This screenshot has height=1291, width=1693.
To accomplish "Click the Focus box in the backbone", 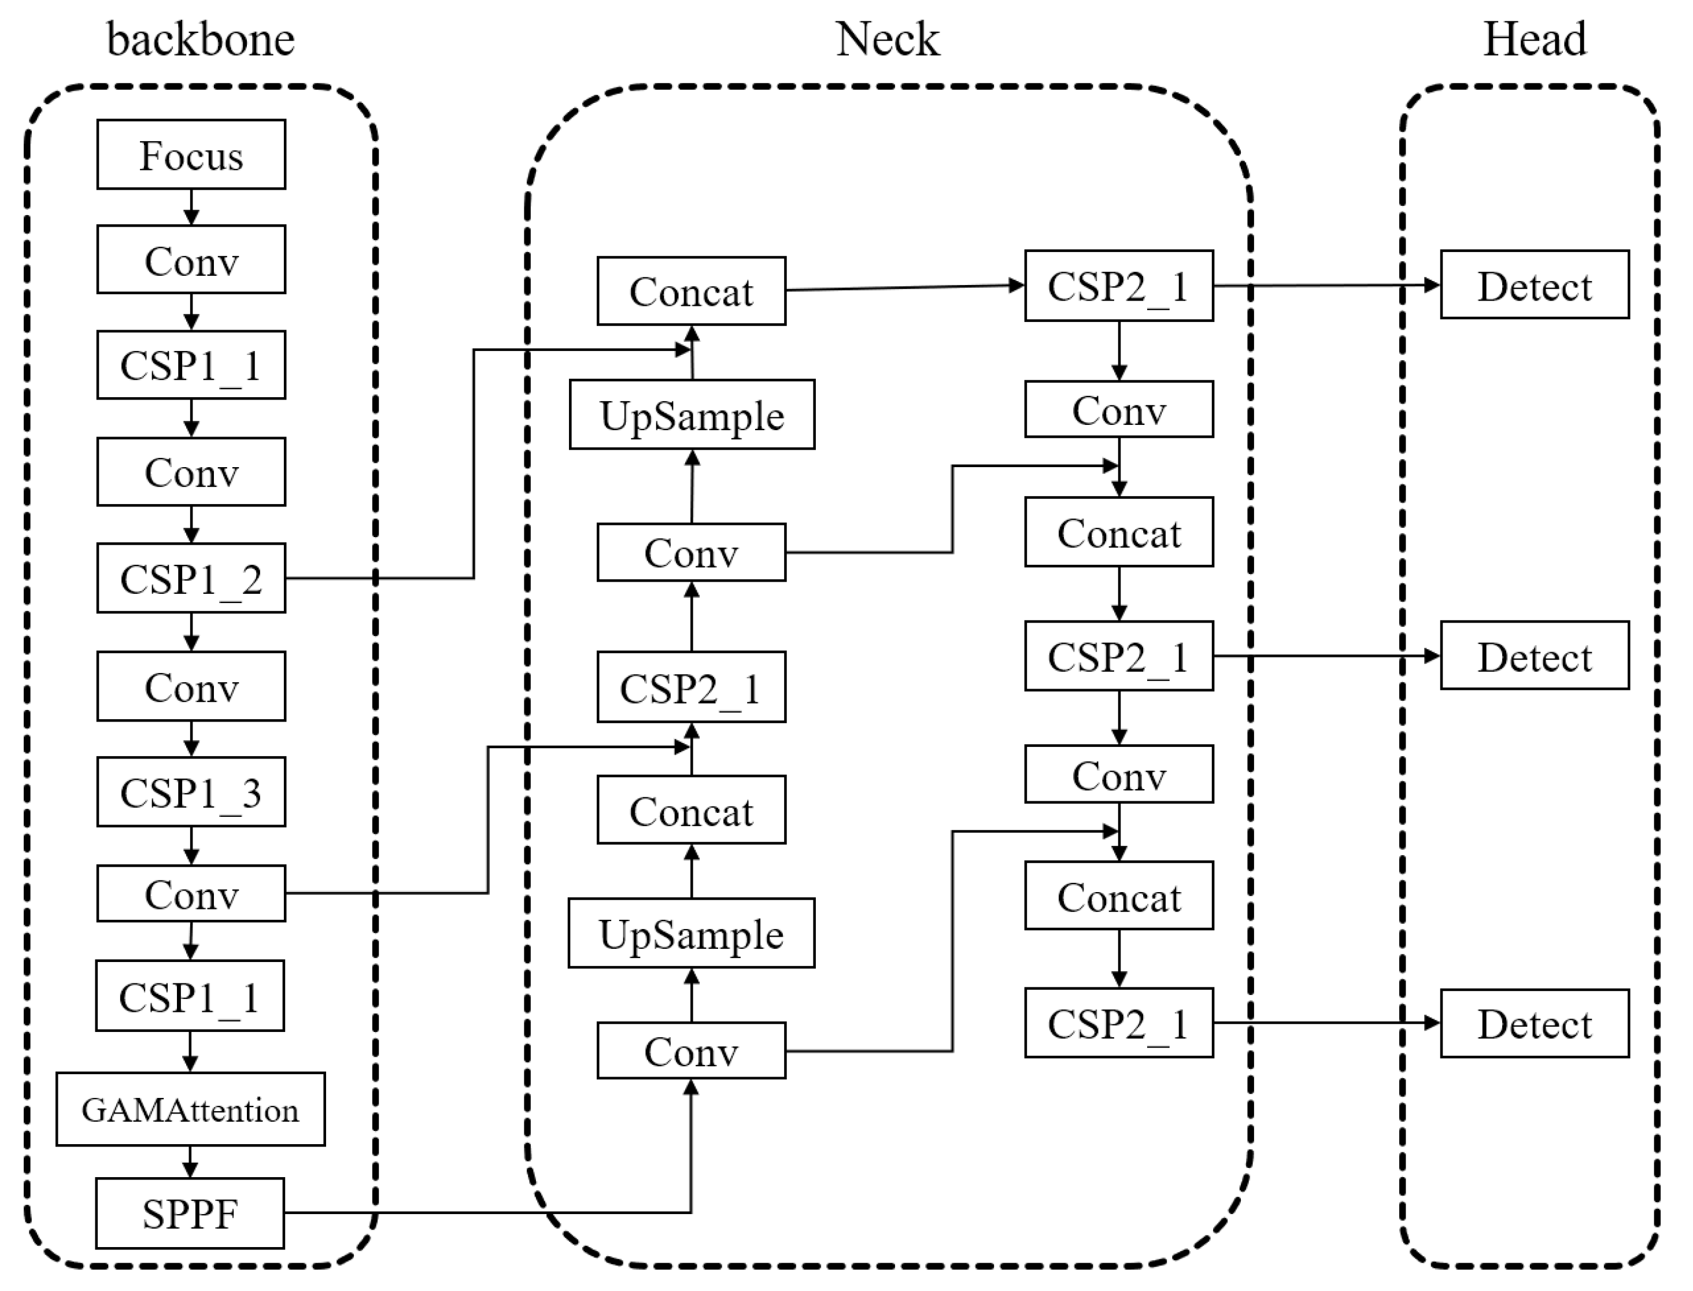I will (191, 154).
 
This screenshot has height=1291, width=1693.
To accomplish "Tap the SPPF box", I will (190, 1214).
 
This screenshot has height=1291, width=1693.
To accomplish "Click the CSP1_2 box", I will (191, 578).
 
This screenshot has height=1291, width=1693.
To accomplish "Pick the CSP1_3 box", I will (191, 791).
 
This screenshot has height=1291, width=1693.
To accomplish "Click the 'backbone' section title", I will (201, 39).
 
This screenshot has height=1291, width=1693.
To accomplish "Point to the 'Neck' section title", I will (888, 39).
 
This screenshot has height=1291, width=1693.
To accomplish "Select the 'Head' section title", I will (1534, 39).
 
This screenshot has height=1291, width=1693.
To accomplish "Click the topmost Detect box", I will (1534, 284).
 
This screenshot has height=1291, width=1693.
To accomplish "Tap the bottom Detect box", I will (1534, 1023).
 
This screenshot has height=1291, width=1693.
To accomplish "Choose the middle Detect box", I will (1534, 656).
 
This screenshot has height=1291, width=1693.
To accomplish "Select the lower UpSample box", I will (691, 933).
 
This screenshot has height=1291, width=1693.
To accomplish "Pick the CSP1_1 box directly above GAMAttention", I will (190, 996).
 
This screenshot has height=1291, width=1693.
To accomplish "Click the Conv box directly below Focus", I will (191, 260).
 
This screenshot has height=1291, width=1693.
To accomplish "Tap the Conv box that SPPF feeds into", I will (691, 1050).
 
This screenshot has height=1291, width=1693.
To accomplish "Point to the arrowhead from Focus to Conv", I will (191, 217).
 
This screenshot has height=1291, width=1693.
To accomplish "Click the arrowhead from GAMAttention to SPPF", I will (190, 1170).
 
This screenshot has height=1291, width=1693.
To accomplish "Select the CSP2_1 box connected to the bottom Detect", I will (1118, 1023).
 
